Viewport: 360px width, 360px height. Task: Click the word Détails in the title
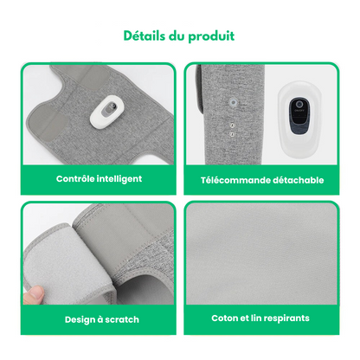(x=145, y=36)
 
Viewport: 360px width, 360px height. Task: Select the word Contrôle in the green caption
(x=75, y=178)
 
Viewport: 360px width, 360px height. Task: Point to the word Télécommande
(x=235, y=180)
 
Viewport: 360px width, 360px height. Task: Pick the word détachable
(x=299, y=180)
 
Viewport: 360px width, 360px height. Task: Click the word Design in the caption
(x=80, y=320)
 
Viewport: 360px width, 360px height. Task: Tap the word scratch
(x=122, y=319)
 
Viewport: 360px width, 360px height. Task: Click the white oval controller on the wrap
(x=105, y=112)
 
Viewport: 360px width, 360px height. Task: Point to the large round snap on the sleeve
(x=233, y=102)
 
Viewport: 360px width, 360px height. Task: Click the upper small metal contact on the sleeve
(x=232, y=125)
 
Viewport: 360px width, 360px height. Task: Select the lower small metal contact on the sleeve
(x=232, y=134)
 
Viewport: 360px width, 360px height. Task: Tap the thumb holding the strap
(x=34, y=295)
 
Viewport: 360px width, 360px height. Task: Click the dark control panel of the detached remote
(x=299, y=116)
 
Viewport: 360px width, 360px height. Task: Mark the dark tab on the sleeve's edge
(x=199, y=89)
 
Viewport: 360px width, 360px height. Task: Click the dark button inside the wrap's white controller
(x=110, y=109)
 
